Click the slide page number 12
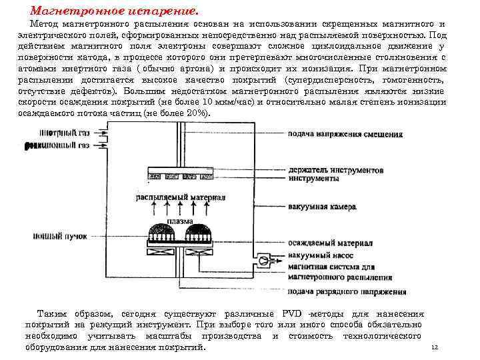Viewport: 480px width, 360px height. [x=435, y=347]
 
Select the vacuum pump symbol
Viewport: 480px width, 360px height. [x=264, y=259]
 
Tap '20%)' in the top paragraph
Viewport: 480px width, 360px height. [x=197, y=113]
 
